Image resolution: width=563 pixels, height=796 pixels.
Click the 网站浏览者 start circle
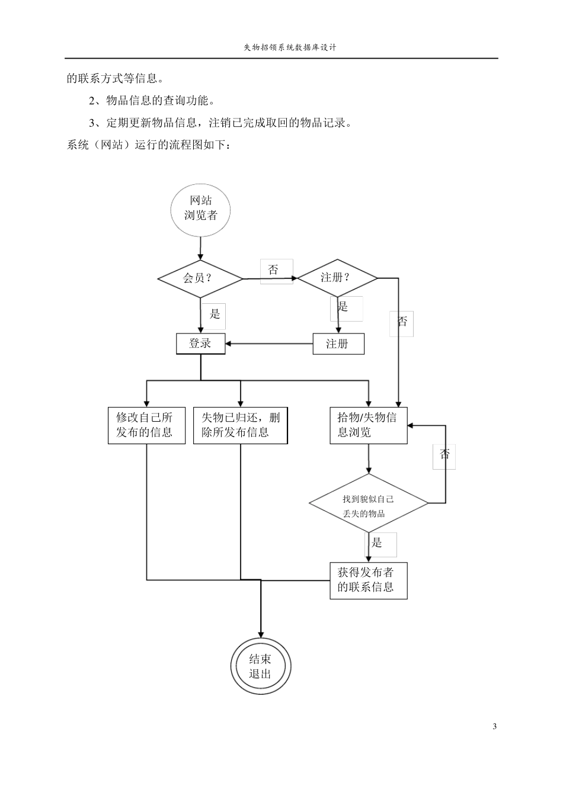pos(200,208)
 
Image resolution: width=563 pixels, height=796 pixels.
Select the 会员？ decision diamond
pos(200,278)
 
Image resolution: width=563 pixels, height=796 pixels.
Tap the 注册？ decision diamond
pos(337,278)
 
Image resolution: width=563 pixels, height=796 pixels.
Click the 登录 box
pos(200,344)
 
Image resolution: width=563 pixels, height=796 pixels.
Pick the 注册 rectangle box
pos(338,344)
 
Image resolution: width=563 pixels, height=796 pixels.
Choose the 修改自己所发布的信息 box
pos(146,425)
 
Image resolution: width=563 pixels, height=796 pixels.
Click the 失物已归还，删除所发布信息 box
pos(240,425)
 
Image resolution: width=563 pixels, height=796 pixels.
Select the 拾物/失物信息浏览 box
pos(368,425)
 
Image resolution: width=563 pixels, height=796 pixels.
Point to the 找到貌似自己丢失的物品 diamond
pos(368,504)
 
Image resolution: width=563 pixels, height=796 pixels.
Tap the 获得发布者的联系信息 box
pos(368,580)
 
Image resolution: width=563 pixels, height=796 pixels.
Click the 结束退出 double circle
pos(260,667)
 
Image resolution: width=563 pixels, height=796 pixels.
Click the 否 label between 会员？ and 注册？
pos(274,271)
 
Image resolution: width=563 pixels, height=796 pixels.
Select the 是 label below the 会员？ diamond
pos(215,314)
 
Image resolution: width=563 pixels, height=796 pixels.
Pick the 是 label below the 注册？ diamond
pos(344,307)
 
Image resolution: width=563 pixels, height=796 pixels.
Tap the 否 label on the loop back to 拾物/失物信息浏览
pos(444,454)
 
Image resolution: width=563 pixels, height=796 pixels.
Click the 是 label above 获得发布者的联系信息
pos(378,543)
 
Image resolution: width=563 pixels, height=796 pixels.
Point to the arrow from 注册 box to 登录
pos(269,344)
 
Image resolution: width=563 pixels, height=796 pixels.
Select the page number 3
pos(494,727)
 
